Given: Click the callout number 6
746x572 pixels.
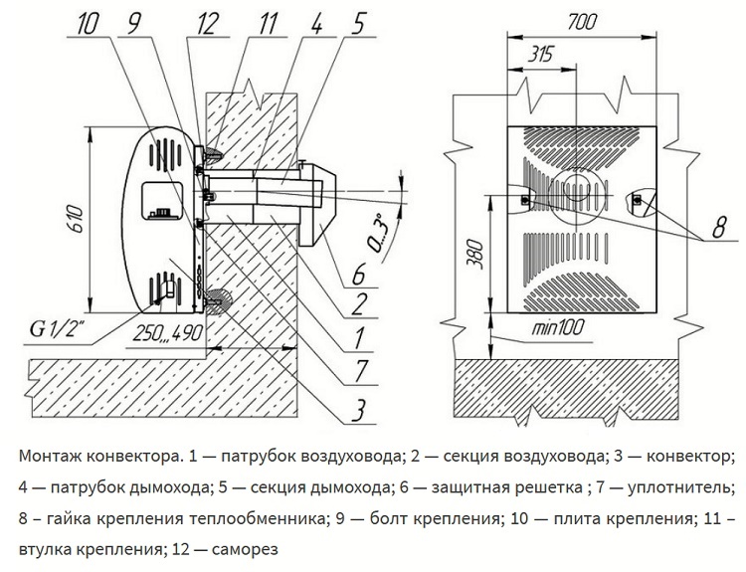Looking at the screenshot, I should (x=360, y=271).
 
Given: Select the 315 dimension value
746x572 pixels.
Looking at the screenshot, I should (x=540, y=56).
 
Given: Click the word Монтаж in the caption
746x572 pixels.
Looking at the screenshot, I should (x=50, y=457).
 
